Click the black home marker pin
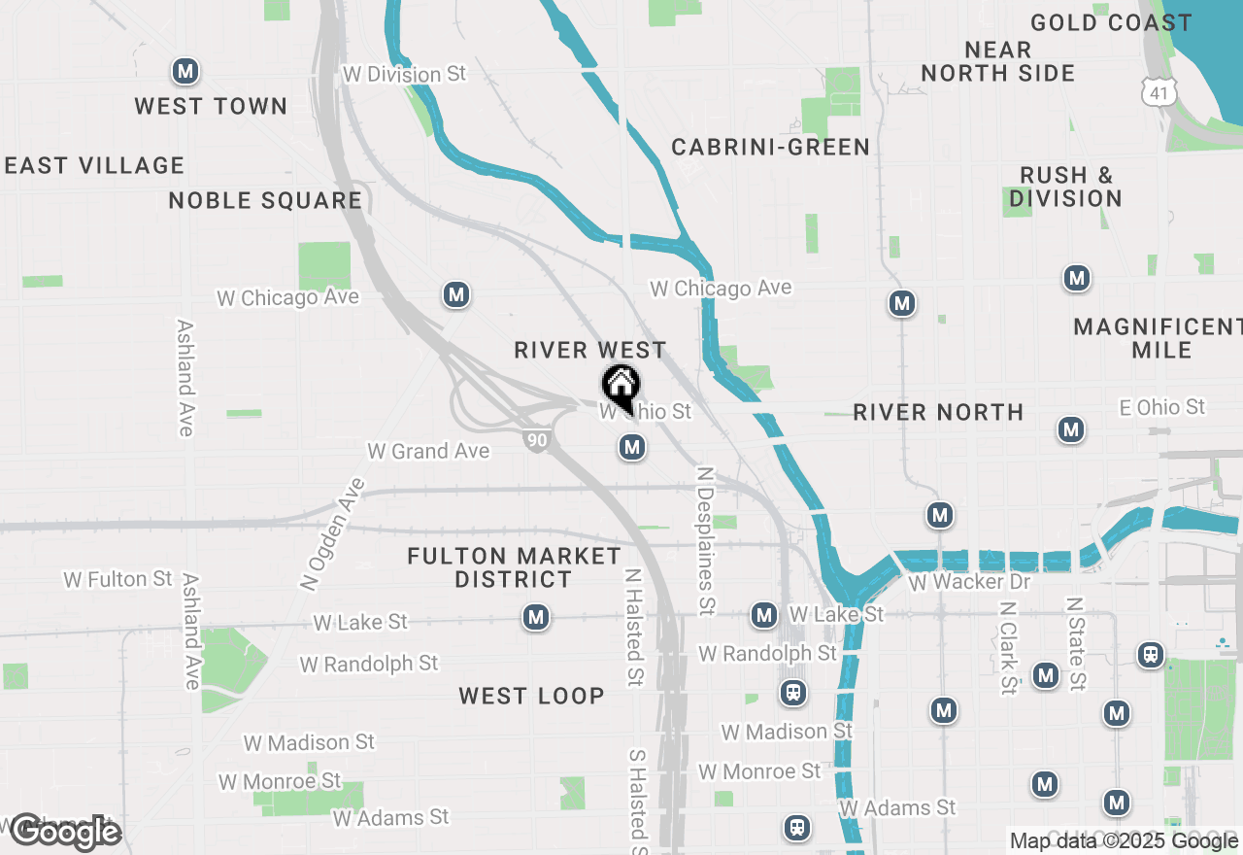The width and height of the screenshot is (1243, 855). pos(621,388)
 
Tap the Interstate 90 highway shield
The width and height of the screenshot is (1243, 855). pos(536,439)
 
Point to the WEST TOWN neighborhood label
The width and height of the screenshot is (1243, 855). pos(211,106)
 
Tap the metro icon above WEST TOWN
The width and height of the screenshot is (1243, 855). pos(185,71)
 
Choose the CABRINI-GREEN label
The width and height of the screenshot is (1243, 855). pos(770,148)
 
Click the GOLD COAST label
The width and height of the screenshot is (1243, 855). pos(1111,22)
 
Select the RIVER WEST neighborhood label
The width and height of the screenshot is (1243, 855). pos(590,350)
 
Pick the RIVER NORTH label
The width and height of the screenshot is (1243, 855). pos(938,412)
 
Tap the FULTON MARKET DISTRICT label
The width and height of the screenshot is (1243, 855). pos(514,567)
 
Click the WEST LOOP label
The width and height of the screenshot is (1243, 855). pos(531,696)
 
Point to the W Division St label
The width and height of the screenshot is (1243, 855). pos(405,75)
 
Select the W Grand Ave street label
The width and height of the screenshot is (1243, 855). pos(428,451)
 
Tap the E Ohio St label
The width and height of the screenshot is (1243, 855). pos(1161,407)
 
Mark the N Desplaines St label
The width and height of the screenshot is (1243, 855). pos(706,540)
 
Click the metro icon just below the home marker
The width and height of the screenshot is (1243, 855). pos(632,448)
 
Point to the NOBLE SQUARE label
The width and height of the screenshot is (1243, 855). pos(265,201)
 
